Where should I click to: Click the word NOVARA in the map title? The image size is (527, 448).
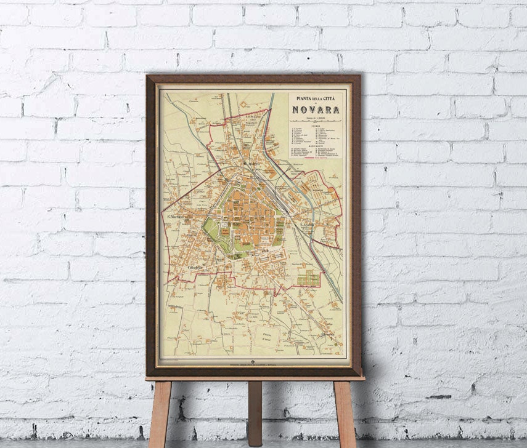coord(316,111)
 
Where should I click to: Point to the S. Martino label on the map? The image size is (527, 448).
coord(174,215)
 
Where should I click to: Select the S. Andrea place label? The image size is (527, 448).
coord(306,226)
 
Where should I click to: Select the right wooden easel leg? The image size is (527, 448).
coord(345,412)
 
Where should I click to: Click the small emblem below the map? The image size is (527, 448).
coord(252,362)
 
